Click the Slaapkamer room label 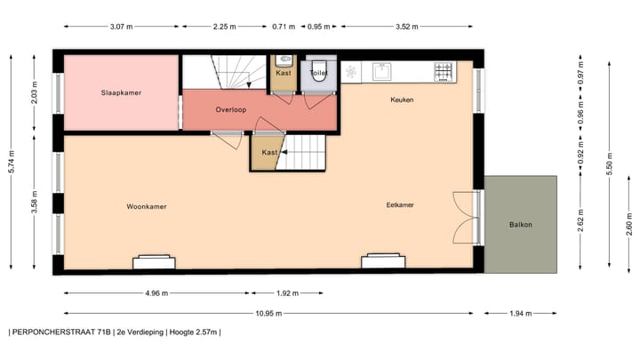[x=122, y=92]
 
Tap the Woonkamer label [x=146, y=206]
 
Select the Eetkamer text [x=400, y=205]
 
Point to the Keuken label [x=402, y=100]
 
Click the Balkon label [x=521, y=225]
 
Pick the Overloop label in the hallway [x=231, y=109]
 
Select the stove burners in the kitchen [x=444, y=72]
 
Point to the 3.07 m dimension [x=121, y=27]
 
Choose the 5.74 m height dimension [x=12, y=160]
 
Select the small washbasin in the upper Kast [x=284, y=62]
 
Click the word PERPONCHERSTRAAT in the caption [x=53, y=332]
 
